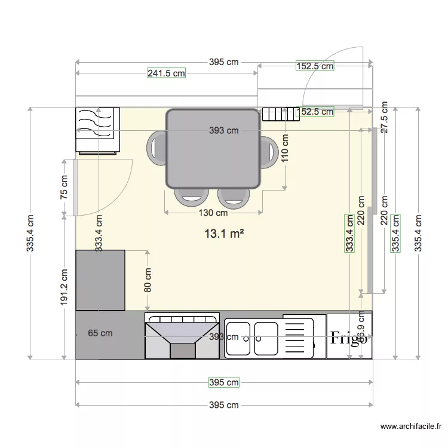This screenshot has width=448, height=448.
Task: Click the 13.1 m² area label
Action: coord(224,234)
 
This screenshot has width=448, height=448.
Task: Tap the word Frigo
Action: coord(349,339)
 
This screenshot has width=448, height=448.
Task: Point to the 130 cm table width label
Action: coord(213,212)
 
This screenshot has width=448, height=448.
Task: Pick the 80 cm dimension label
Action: coord(148,278)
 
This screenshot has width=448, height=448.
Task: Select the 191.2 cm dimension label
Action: coord(64,287)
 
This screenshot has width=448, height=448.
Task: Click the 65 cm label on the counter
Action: coord(100,333)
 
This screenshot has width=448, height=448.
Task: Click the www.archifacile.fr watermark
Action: coord(412,426)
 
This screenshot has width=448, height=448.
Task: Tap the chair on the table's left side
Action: coord(158,148)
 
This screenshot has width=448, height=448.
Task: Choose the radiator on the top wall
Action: coord(280,113)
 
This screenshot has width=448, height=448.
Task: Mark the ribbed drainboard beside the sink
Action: coord(296,338)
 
